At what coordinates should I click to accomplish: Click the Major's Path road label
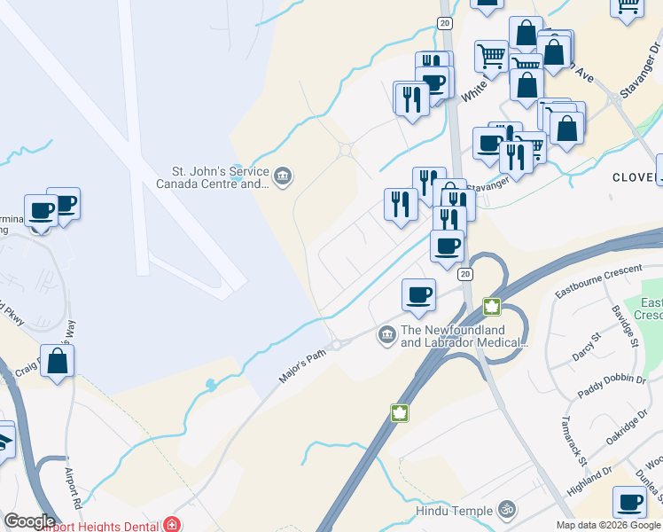coord(303,364)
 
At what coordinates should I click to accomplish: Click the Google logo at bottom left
coord(29,521)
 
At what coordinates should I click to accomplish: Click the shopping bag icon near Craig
coord(57,361)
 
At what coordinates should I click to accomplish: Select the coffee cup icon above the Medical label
coord(418,294)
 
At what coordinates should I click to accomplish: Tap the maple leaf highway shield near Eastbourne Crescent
coord(491,307)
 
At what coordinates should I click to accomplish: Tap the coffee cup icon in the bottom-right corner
coord(629,502)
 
